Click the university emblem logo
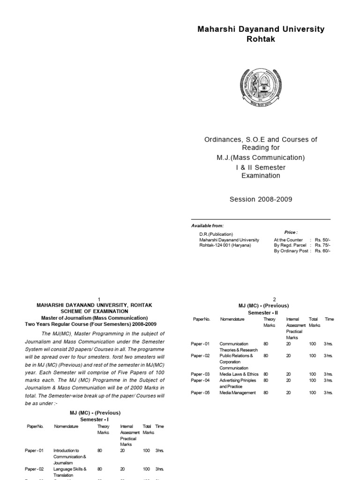point(261,88)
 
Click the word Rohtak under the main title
point(261,39)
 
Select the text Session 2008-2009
point(261,199)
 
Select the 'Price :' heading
point(291,232)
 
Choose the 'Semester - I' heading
point(94,420)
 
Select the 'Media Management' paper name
point(238,393)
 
